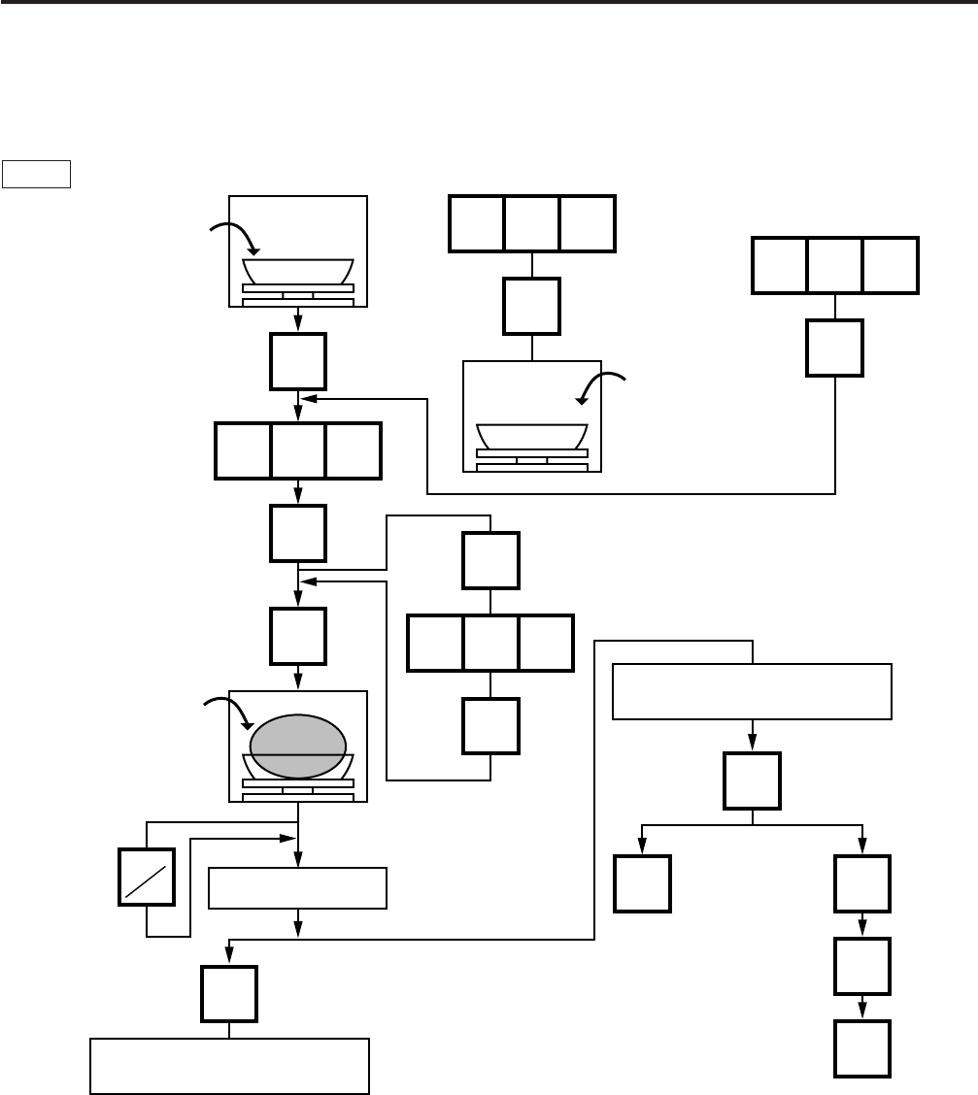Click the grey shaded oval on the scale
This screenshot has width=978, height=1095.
click(x=297, y=746)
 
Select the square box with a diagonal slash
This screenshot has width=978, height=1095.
click(x=147, y=879)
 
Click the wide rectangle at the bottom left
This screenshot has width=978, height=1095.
click(x=229, y=1065)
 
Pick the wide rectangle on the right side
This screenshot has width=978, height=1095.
click(x=752, y=691)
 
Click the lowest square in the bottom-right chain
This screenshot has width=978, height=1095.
click(x=862, y=1048)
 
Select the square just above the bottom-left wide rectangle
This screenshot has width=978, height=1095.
click(x=229, y=994)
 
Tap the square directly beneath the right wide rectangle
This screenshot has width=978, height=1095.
click(x=753, y=780)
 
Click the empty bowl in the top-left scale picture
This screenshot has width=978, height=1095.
click(x=297, y=270)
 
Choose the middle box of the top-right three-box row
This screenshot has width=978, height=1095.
click(x=835, y=265)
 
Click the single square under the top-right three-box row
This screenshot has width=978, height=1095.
click(x=835, y=348)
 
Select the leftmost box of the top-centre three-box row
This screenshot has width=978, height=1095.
click(x=476, y=224)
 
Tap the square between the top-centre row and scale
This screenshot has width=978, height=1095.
click(x=532, y=306)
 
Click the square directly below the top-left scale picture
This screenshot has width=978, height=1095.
click(x=298, y=361)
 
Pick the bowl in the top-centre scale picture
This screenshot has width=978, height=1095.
click(x=532, y=434)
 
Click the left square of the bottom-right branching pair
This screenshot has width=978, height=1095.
click(x=642, y=883)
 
